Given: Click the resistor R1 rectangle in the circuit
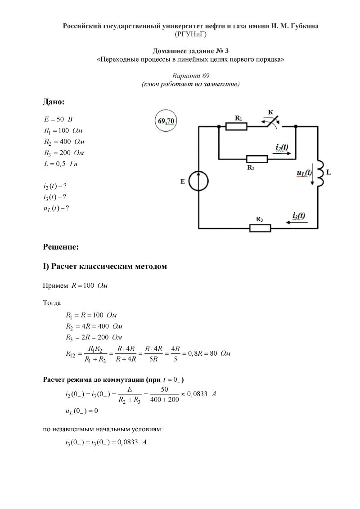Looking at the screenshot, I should [x=236, y=127].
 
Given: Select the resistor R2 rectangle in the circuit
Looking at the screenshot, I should [x=257, y=159].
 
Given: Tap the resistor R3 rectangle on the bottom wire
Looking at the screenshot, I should [x=261, y=228].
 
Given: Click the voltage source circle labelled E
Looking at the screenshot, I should [x=198, y=181].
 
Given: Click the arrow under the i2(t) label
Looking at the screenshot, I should [x=283, y=154].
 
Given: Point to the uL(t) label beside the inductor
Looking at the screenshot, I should [x=304, y=173].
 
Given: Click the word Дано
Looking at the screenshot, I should [x=54, y=102].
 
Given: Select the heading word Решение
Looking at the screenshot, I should [x=61, y=246].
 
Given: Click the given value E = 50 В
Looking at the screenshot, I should [x=58, y=120].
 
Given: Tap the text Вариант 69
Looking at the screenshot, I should [x=191, y=76].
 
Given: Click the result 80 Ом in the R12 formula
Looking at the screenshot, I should [x=219, y=354].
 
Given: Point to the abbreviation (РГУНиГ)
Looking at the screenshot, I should [x=191, y=34].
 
